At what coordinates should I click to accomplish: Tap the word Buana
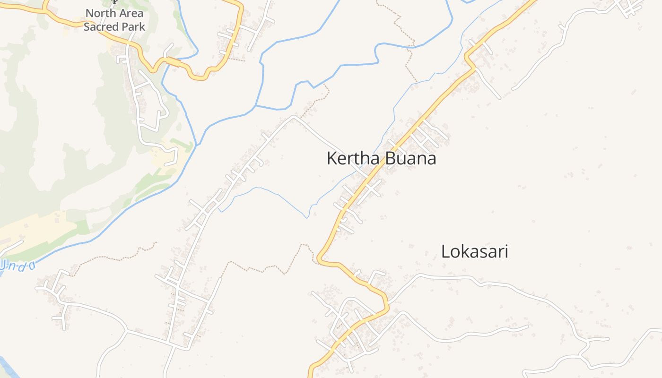(x=410, y=158)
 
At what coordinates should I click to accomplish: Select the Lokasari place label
(x=474, y=251)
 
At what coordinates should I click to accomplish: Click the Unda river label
(x=17, y=266)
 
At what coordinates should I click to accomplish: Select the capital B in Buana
(x=389, y=158)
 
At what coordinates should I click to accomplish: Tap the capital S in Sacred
(x=87, y=27)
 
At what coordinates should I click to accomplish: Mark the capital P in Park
(x=126, y=27)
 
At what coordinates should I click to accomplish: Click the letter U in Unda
(x=2, y=265)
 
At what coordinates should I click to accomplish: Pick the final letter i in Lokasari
(x=506, y=251)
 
